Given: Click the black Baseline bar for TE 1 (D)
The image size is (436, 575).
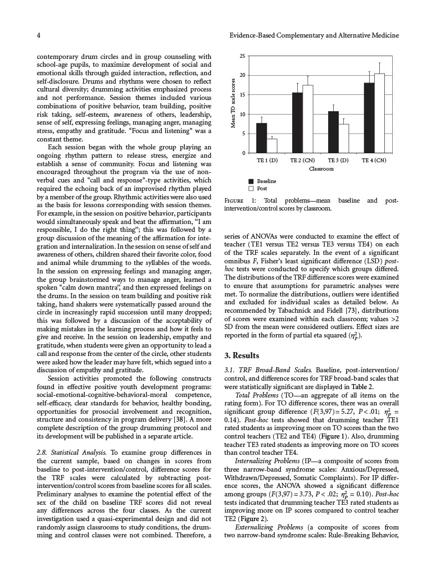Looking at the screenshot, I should point(262,138).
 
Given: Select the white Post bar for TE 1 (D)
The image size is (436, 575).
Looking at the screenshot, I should point(272,146).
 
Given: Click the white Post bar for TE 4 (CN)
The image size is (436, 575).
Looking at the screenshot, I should point(379,113).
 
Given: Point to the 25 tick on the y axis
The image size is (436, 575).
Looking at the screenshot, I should point(242,56).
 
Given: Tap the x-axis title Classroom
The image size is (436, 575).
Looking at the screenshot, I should point(321,169).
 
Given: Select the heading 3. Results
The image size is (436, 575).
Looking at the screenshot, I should point(242,355).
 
